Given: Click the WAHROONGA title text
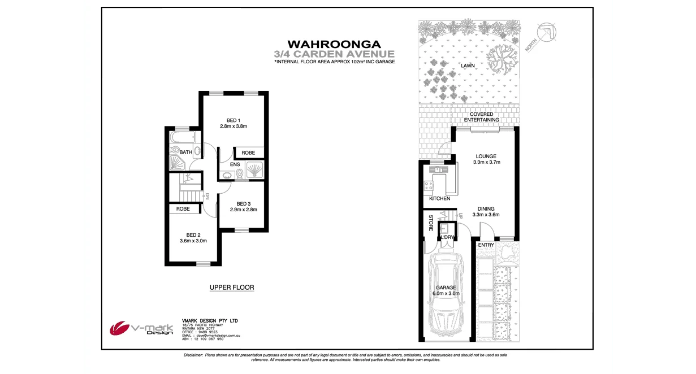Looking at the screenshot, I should (334, 44).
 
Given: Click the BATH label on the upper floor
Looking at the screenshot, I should (185, 153).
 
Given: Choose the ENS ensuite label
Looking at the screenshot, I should (235, 165).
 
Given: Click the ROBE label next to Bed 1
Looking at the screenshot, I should (248, 153).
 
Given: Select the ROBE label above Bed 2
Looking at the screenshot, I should (183, 209).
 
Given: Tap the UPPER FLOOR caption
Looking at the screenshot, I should (232, 288).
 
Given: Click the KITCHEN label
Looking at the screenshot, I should (439, 199).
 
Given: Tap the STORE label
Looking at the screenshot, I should (430, 223).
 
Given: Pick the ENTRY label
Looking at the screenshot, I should (486, 245).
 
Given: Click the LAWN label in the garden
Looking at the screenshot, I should (468, 66).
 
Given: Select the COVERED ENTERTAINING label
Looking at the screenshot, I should (481, 117).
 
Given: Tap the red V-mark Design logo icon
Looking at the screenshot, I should (119, 328).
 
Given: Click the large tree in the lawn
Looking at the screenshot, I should (502, 59).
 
